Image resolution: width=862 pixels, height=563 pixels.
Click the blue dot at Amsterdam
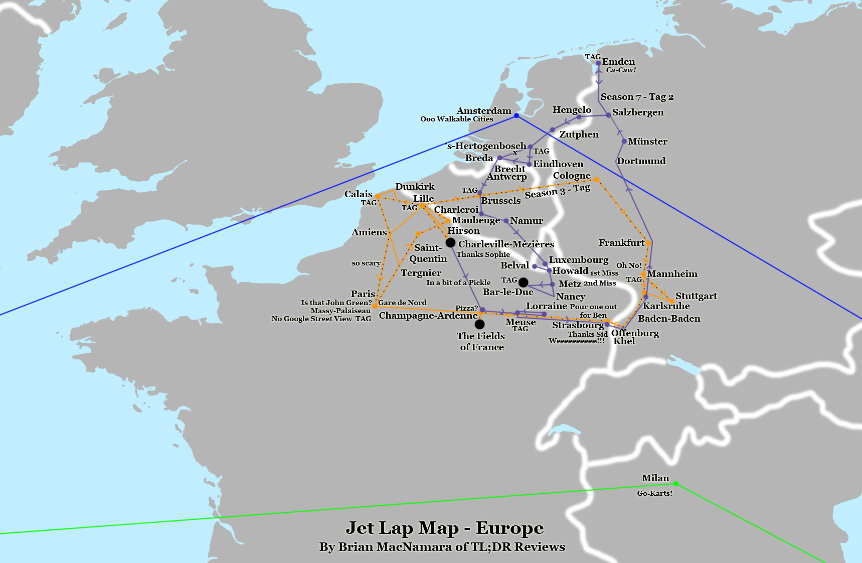coord(516,116)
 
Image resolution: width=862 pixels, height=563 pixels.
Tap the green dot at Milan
coord(676,484)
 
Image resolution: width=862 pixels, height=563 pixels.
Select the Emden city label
coord(618,62)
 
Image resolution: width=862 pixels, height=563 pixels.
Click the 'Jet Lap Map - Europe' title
coord(444,528)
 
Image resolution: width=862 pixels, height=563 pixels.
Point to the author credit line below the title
coord(442,547)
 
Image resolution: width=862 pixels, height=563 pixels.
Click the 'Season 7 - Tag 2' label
coord(637,97)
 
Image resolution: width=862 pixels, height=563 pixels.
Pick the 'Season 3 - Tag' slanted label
coord(557,191)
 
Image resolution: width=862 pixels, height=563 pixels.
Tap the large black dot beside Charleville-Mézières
coord(450,243)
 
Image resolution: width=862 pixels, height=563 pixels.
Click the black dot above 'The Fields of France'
coord(479,324)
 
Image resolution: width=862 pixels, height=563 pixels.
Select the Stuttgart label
coord(696,296)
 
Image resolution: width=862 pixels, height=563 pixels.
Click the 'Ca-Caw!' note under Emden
coord(621,70)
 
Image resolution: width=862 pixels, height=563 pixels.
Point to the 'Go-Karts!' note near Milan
coord(654,493)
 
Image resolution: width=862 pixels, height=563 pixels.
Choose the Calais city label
coord(358,194)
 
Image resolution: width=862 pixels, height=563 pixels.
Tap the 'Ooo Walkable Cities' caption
coord(456,119)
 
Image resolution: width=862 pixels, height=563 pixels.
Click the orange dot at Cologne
coord(596,179)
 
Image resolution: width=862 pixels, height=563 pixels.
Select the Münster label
coord(647,142)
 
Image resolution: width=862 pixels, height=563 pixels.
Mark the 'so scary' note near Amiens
coord(366,263)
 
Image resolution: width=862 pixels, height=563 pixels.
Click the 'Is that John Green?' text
coord(336,303)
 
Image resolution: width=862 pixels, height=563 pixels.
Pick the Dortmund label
coord(641,161)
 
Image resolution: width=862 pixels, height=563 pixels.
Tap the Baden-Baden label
coord(669,319)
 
